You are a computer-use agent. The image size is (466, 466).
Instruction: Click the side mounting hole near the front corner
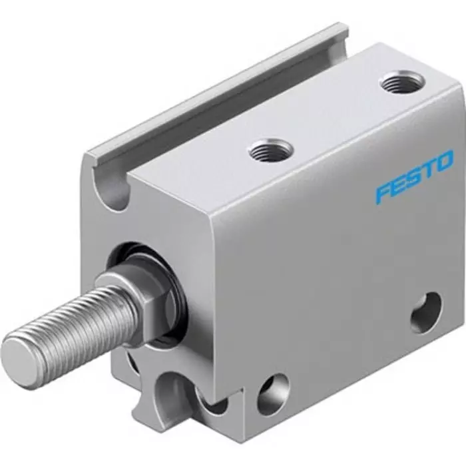[274, 393]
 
